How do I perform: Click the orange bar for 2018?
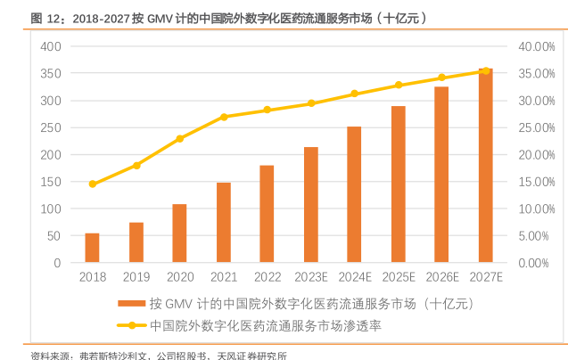[92, 248]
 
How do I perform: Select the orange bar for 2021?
[224, 223]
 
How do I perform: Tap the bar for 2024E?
[354, 194]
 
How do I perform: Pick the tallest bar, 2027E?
[485, 166]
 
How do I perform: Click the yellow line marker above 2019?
[136, 166]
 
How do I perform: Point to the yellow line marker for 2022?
[268, 110]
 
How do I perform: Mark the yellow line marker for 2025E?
[399, 85]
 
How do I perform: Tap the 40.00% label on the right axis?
[538, 45]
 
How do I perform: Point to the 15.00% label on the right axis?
[538, 182]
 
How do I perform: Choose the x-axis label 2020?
[179, 277]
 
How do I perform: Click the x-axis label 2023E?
[311, 277]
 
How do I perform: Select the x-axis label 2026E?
[441, 277]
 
